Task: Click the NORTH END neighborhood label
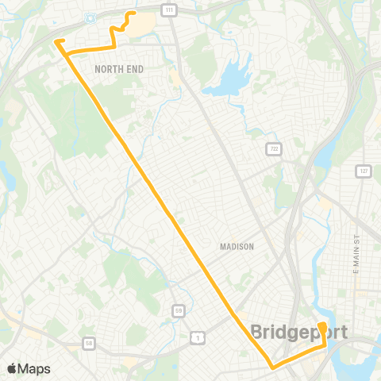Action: [x=119, y=70]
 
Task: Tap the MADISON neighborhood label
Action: [x=237, y=247]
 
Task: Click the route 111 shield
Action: [x=170, y=9]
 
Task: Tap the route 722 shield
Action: [x=274, y=148]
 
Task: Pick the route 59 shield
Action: [x=180, y=310]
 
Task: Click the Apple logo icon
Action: [x=12, y=369]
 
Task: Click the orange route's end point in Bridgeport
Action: [x=321, y=326]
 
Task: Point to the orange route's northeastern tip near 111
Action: [x=133, y=13]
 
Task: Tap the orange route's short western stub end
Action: [x=56, y=40]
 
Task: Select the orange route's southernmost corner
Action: [x=272, y=368]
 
